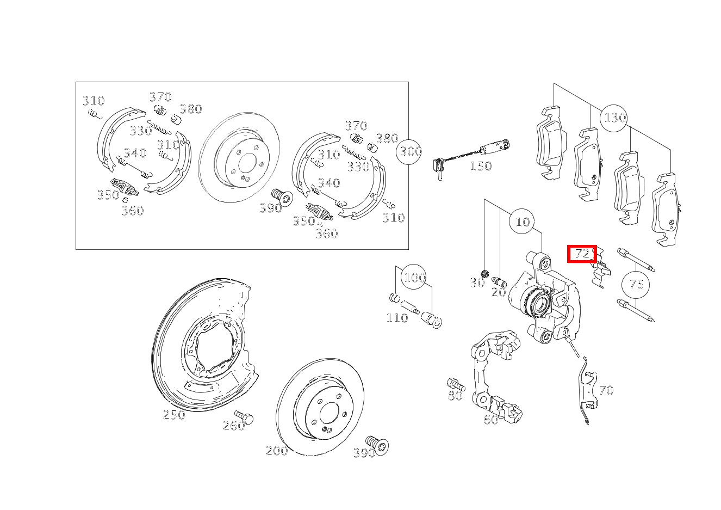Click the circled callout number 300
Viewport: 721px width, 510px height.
pos(409,152)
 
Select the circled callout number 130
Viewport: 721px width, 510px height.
pos(613,118)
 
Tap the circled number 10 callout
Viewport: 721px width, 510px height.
pos(522,222)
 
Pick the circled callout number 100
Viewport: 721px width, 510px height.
pos(414,277)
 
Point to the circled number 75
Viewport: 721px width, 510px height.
pos(636,285)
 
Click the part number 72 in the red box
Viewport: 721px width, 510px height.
pos(582,254)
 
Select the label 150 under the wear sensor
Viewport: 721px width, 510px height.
pos(481,166)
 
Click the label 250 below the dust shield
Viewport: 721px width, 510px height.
pos(174,415)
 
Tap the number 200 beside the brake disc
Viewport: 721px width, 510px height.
pos(277,450)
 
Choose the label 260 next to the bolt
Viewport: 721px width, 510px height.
pos(234,426)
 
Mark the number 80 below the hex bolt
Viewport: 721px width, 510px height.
pos(455,395)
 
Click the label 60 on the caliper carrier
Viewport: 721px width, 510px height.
pos(491,420)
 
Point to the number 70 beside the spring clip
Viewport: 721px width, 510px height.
pos(606,390)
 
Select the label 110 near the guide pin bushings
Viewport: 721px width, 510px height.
pos(397,318)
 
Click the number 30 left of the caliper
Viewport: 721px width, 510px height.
pos(477,283)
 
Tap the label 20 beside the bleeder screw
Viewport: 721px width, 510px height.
pos(499,292)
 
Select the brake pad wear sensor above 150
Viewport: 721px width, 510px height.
pos(470,159)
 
